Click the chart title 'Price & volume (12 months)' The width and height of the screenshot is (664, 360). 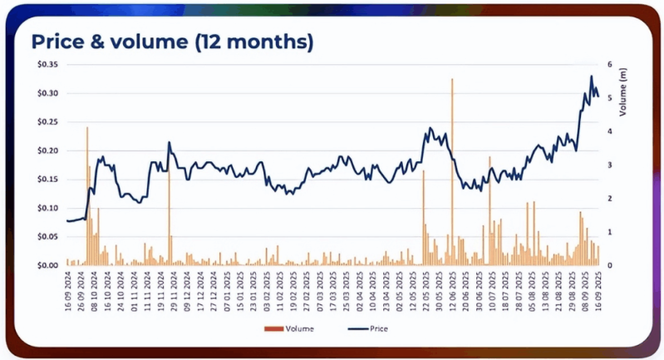point(171,42)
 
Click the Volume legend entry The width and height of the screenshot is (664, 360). point(293,328)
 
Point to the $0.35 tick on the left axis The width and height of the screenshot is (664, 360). point(47,65)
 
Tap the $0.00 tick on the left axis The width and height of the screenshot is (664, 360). point(47,266)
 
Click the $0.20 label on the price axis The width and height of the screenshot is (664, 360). point(47,151)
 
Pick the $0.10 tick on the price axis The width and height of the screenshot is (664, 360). point(47,209)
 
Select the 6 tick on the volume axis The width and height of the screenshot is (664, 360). point(609,65)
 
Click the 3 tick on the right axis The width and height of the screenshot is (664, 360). point(609,165)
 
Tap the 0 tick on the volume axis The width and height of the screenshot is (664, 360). point(609,266)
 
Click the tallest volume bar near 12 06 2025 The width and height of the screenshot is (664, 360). point(452,166)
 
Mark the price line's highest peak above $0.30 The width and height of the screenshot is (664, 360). point(592,76)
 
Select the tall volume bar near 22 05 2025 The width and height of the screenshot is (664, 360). point(423,216)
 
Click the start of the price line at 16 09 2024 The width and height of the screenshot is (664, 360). point(67,220)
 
